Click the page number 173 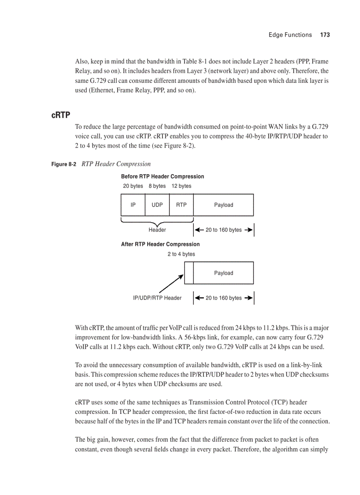[x=325, y=35]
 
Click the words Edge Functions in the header [x=290, y=35]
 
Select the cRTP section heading [x=60, y=115]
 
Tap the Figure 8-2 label [x=64, y=164]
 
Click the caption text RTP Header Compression [x=116, y=164]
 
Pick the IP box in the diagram [x=133, y=205]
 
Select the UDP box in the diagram [x=157, y=205]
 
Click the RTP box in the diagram [x=181, y=205]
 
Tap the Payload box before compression [x=224, y=205]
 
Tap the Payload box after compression [x=224, y=273]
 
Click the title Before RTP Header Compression [x=162, y=176]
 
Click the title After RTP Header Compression [x=160, y=244]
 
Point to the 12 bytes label [x=181, y=186]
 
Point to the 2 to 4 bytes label [x=181, y=254]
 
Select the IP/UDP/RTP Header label [x=157, y=298]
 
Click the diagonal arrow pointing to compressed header [x=171, y=283]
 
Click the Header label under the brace [x=157, y=230]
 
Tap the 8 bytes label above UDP [x=157, y=186]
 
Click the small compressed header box [x=189, y=273]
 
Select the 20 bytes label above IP [x=133, y=186]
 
